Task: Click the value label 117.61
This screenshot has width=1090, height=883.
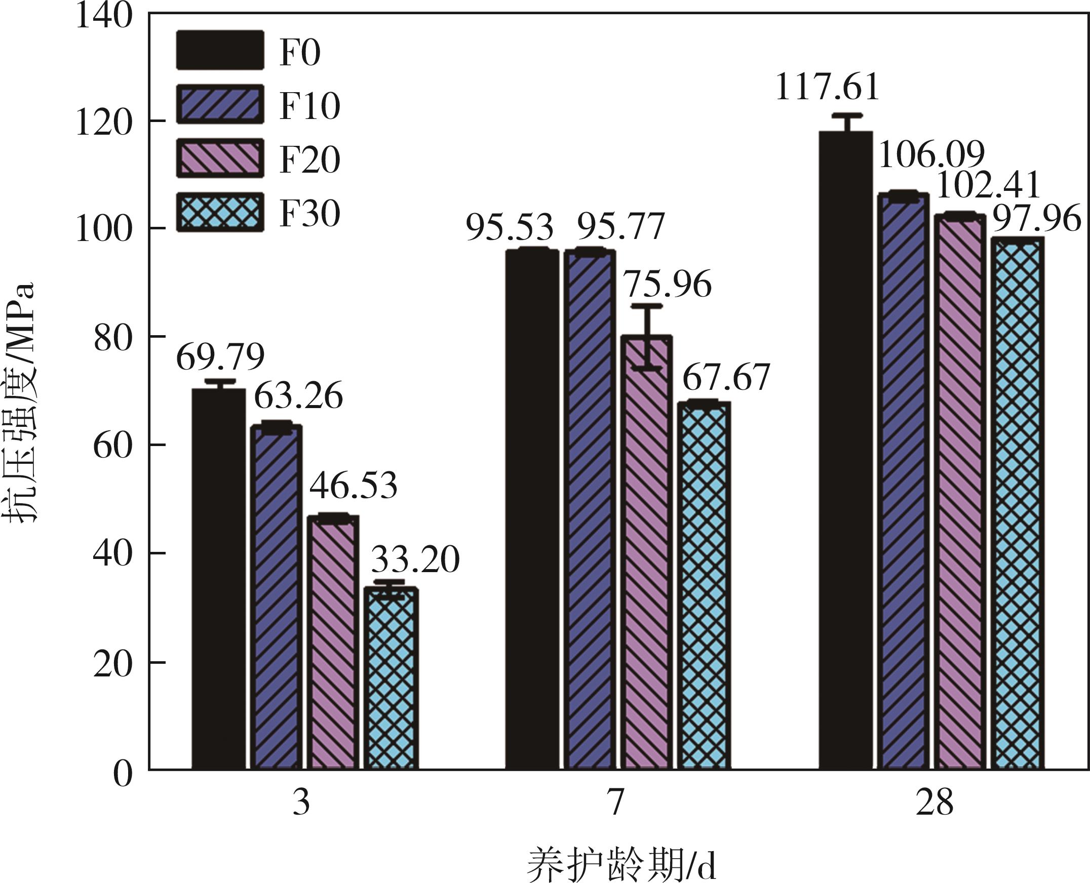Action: coord(828,88)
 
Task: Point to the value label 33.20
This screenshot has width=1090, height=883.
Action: coord(415,560)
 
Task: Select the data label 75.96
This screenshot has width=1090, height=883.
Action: coord(668,285)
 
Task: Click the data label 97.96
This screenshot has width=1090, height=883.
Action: coord(1037,219)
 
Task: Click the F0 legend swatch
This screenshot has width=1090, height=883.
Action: coord(220,50)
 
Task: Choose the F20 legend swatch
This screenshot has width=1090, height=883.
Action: coord(220,158)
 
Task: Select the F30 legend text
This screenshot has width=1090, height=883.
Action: coord(309,213)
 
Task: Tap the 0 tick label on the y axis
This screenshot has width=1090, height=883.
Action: coord(122,775)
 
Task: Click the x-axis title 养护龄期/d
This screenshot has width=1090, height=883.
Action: coord(621,865)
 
